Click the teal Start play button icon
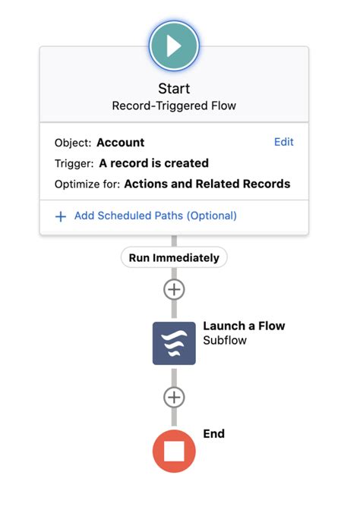[174, 46]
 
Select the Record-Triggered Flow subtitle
[174, 106]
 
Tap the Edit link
[283, 142]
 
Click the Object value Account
[120, 143]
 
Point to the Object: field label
[72, 143]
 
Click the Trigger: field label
[74, 163]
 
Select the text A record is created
[153, 163]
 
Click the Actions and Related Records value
[207, 184]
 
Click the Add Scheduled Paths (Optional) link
[155, 216]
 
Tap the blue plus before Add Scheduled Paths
[61, 216]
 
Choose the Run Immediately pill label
[174, 257]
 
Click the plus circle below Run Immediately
[174, 289]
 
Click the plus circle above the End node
[174, 397]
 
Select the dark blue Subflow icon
[174, 343]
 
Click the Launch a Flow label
[244, 326]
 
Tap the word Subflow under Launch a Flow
[225, 341]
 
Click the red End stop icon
[174, 451]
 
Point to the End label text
[213, 434]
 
